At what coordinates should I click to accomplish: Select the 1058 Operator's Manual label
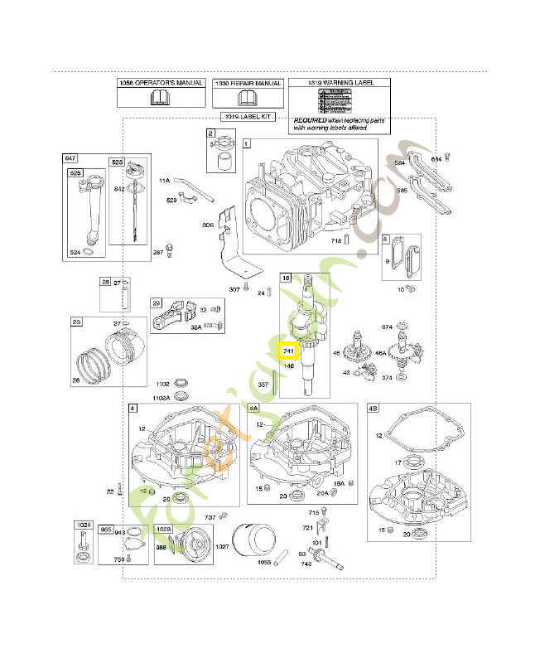click(160, 84)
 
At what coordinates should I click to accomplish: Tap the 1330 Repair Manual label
click(248, 84)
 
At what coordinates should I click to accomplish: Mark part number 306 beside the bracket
click(208, 225)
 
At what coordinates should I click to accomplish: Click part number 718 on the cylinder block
click(336, 240)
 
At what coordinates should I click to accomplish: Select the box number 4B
click(373, 409)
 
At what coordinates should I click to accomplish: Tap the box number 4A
click(253, 409)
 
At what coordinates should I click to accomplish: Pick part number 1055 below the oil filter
click(263, 562)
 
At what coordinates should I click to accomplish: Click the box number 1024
click(83, 525)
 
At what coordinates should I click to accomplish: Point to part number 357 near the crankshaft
click(263, 385)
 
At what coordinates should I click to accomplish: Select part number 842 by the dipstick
click(119, 189)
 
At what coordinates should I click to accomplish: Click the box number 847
click(70, 157)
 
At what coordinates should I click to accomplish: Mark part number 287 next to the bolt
click(157, 252)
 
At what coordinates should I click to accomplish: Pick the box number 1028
click(163, 528)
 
